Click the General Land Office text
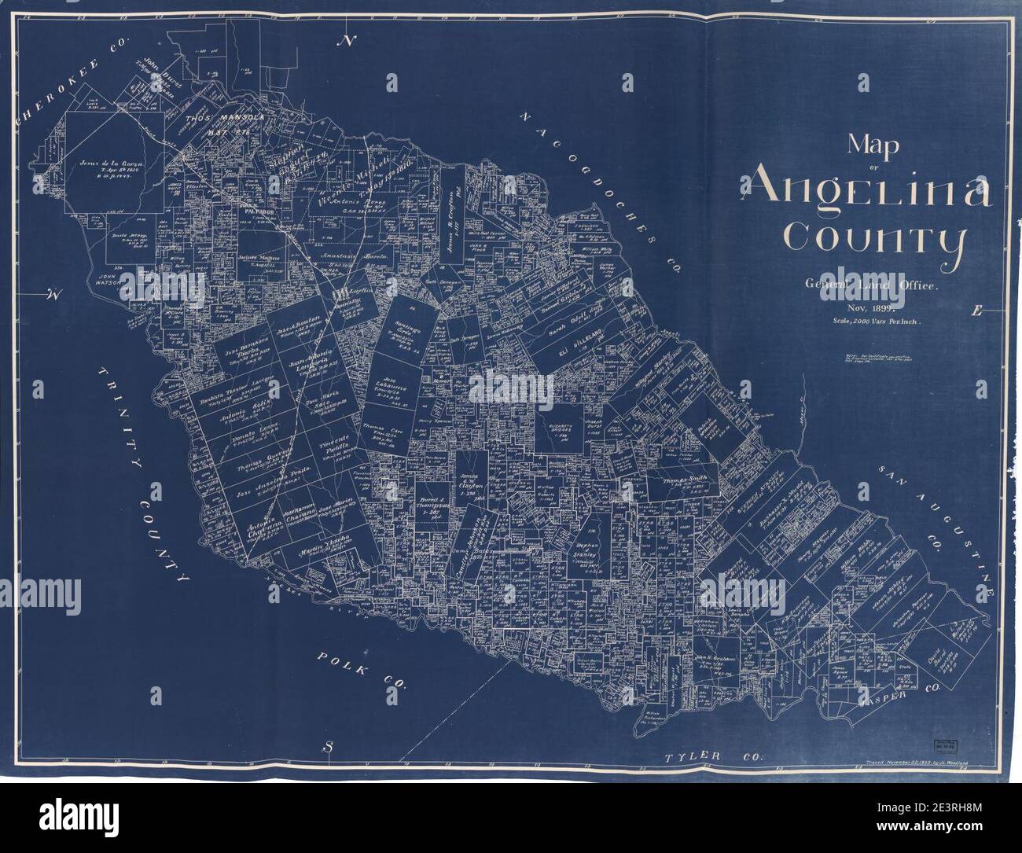(x=862, y=287)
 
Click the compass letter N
(x=345, y=40)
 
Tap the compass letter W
(x=53, y=296)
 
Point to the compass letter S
(x=331, y=746)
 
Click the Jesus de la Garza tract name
(x=114, y=164)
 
